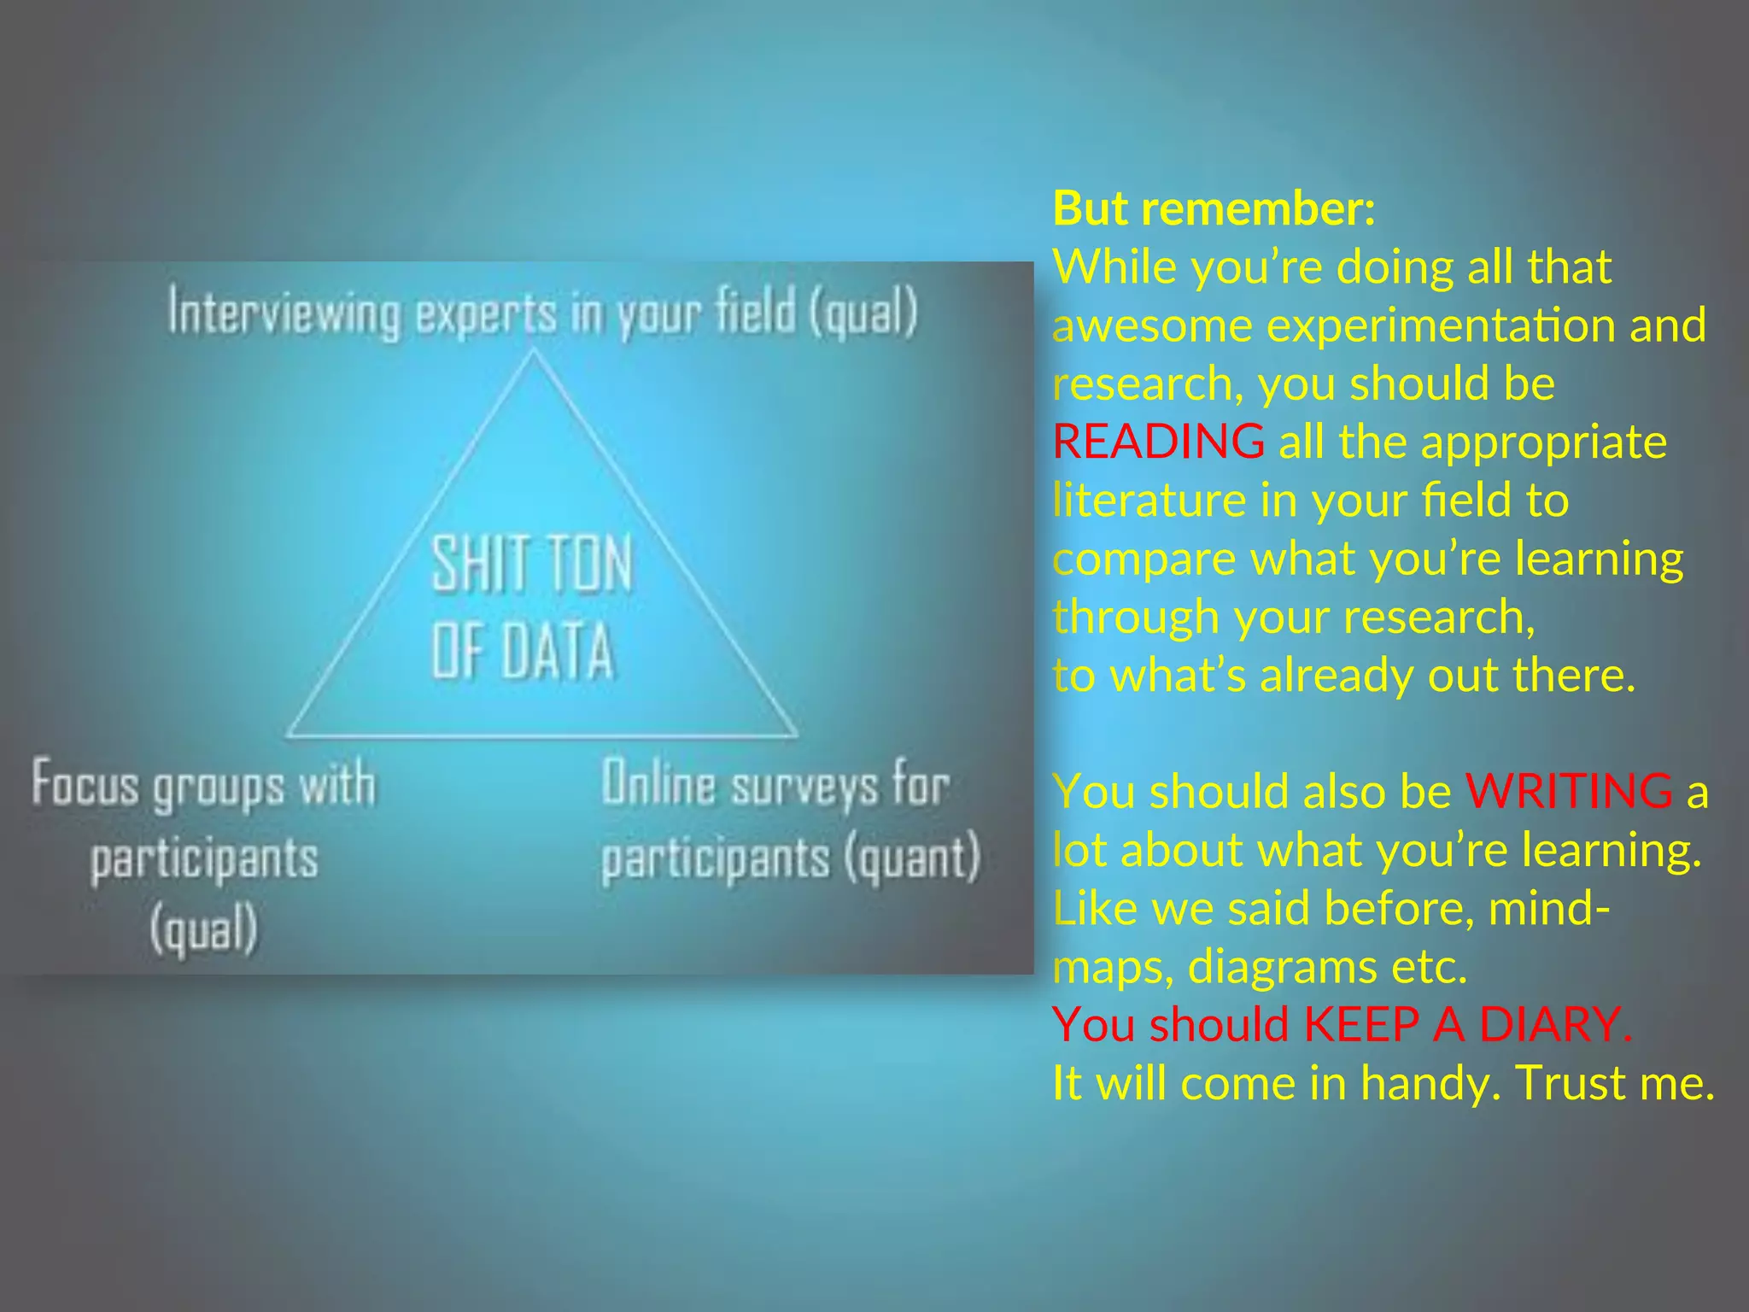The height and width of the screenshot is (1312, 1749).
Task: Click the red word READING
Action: click(1158, 442)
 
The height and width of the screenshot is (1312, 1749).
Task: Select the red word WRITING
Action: click(1569, 791)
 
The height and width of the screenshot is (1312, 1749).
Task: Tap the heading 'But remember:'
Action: click(1214, 208)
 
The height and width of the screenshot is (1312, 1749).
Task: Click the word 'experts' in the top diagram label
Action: click(485, 315)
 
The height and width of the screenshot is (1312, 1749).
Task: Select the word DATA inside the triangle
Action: click(557, 651)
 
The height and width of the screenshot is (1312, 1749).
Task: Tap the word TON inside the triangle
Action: click(589, 564)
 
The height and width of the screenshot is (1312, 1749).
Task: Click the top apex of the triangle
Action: click(534, 350)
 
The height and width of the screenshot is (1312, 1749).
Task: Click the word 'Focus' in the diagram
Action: click(85, 784)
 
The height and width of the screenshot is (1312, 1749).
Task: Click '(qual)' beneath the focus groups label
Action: click(203, 929)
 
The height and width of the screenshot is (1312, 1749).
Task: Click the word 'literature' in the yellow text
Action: click(1149, 500)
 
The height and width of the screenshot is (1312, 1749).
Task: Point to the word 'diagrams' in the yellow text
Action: click(1281, 967)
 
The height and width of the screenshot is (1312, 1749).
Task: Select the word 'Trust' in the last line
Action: click(1570, 1083)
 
